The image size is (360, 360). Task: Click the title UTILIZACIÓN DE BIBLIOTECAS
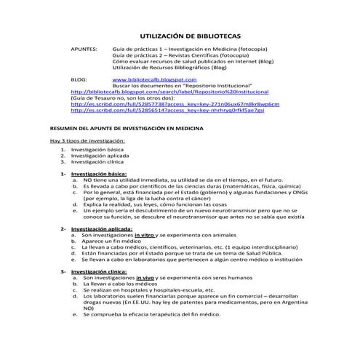(190, 35)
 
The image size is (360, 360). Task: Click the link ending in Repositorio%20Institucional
(169, 92)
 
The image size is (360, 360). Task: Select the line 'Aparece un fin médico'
(112, 241)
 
